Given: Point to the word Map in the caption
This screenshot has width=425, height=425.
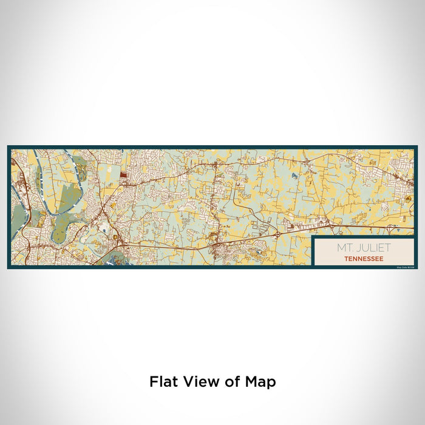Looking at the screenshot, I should click(261, 382).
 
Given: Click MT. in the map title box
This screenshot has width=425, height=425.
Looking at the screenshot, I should click(344, 248).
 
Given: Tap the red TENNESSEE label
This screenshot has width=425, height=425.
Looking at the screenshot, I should click(363, 258).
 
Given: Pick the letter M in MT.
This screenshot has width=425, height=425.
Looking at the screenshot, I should click(340, 248).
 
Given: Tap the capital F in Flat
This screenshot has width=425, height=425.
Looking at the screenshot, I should click(154, 382).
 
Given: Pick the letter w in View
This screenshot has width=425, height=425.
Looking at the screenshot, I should click(208, 382).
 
